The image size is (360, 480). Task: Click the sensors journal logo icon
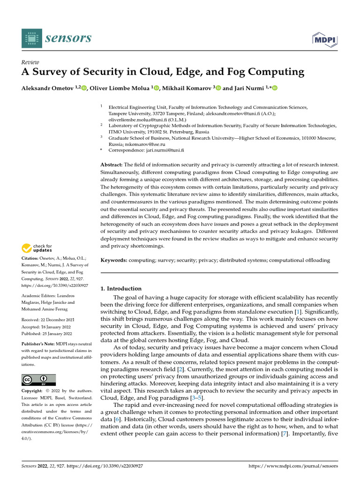(31, 37)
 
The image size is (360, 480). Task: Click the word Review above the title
(30, 62)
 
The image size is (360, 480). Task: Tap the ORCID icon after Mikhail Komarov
(218, 88)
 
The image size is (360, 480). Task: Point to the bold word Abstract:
(112, 165)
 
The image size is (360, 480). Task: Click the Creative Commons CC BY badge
(38, 380)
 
